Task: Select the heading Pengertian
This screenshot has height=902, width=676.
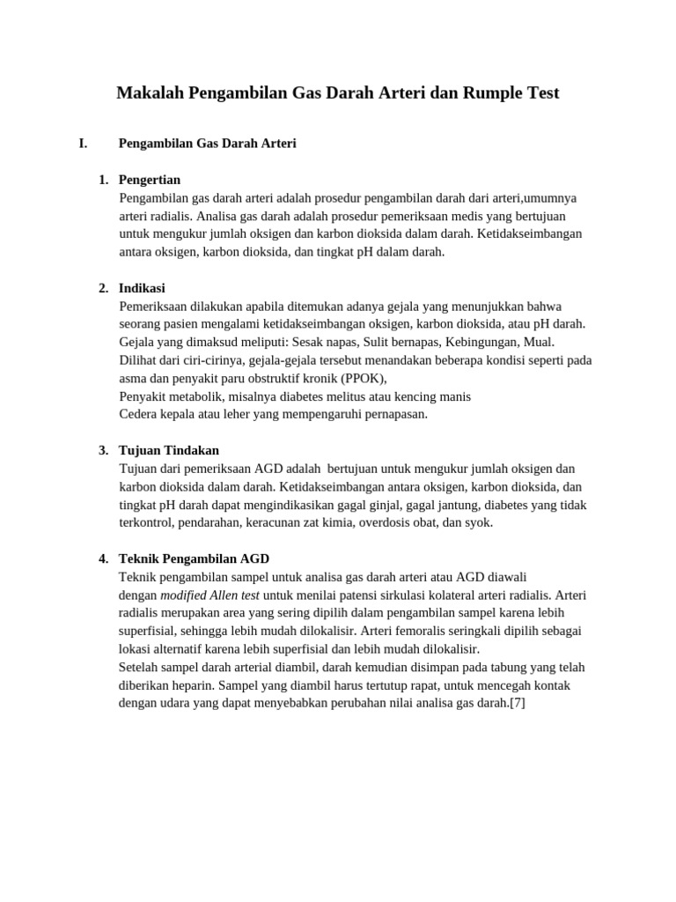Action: [150, 180]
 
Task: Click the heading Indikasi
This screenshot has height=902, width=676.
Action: [142, 288]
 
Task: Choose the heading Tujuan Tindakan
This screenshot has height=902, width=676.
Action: [169, 450]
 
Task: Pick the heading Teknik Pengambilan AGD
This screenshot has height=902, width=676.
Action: [194, 558]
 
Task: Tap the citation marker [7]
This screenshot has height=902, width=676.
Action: [517, 703]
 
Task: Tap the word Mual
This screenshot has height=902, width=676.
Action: [540, 342]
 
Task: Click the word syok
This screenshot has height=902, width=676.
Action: [478, 522]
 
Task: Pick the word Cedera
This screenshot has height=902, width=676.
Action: [139, 414]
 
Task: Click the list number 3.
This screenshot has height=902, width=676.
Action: [103, 450]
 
